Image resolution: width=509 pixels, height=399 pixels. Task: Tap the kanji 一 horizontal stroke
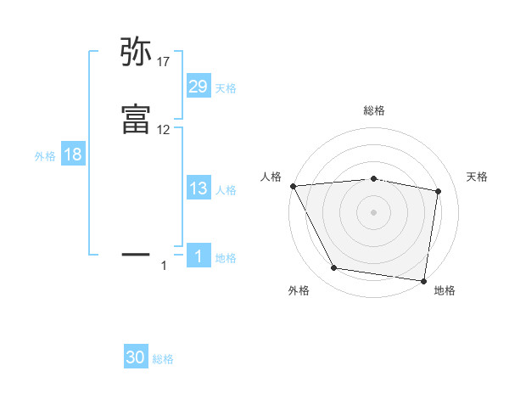pos(136,253)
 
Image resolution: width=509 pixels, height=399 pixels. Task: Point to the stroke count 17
pos(164,62)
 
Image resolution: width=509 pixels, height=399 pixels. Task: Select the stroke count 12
pos(164,130)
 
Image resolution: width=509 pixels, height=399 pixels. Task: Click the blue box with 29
pos(199,87)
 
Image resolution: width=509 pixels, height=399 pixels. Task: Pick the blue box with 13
pos(199,188)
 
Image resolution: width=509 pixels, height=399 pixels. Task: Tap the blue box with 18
pos(73,155)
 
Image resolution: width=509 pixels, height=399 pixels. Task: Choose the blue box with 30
pos(136,357)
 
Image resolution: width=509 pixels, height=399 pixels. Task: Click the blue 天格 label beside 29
pos(226,88)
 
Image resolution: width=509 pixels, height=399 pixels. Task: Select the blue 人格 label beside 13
pos(226,190)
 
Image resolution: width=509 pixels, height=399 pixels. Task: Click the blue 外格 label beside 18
pos(45,156)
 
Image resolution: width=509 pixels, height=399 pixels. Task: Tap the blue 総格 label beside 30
pos(164,359)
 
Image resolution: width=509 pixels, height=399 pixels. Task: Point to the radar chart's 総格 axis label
pos(374,110)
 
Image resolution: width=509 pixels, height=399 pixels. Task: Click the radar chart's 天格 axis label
pos(478,177)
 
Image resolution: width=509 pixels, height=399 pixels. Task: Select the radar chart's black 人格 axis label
pos(271,177)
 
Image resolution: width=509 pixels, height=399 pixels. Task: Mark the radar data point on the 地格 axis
pos(423,280)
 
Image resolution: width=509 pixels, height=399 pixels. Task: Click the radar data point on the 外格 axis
pos(334,269)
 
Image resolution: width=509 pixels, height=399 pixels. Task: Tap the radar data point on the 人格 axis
pos(293,186)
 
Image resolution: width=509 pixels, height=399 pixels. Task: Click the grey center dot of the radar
pos(374,211)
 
